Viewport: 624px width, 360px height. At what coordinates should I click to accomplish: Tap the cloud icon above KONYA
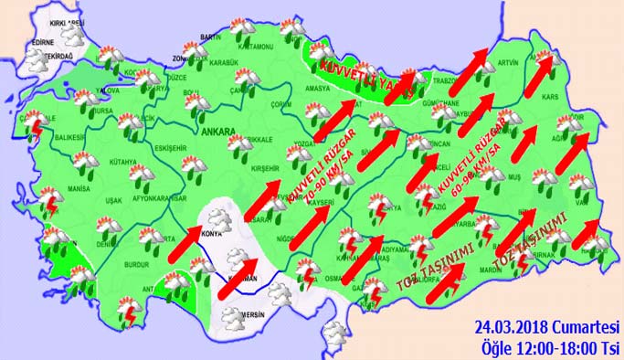point(219,220)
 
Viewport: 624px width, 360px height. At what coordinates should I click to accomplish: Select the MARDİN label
point(466,270)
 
